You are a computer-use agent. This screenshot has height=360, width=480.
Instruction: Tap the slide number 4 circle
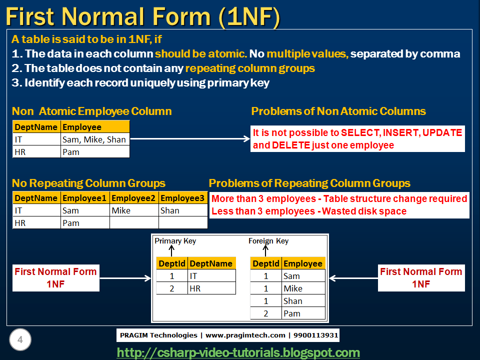pyautogui.click(x=20, y=340)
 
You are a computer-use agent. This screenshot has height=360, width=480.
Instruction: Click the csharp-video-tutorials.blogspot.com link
pyautogui.click(x=238, y=352)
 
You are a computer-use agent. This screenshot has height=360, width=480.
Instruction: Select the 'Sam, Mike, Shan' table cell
pyautogui.click(x=94, y=139)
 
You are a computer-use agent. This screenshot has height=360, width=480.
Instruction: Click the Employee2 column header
pyautogui.click(x=134, y=198)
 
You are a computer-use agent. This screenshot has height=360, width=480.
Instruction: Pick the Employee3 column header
pyautogui.click(x=182, y=198)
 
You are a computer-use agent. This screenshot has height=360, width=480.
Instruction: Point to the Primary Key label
pyautogui.click(x=175, y=241)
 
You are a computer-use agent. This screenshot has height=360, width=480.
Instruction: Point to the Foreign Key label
pyautogui.click(x=268, y=241)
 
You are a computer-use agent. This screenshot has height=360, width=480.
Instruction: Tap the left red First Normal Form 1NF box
pyautogui.click(x=55, y=277)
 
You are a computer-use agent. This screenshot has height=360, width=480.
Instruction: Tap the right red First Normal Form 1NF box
pyautogui.click(x=421, y=277)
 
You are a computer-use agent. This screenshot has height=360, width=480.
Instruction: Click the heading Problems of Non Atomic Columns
pyautogui.click(x=338, y=111)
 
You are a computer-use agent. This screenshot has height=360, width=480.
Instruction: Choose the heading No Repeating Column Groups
pyautogui.click(x=88, y=183)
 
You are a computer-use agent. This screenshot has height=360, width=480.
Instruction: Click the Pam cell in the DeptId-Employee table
pyautogui.click(x=291, y=313)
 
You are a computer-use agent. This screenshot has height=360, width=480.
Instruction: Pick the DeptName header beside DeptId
pyautogui.click(x=211, y=263)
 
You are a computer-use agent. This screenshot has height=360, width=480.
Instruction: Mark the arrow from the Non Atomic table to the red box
pyautogui.click(x=190, y=139)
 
